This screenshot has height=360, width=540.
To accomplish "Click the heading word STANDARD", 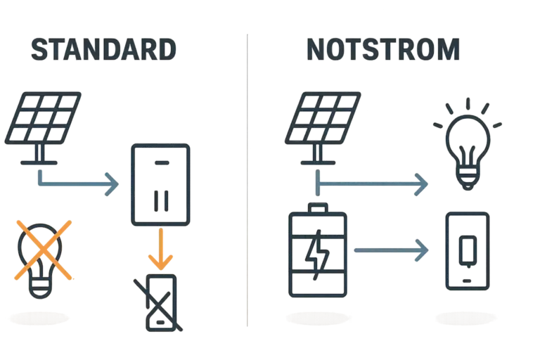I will (103, 51).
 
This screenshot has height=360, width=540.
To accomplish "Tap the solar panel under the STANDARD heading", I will (44, 120).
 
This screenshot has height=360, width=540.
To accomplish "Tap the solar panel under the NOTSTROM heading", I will (321, 120).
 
